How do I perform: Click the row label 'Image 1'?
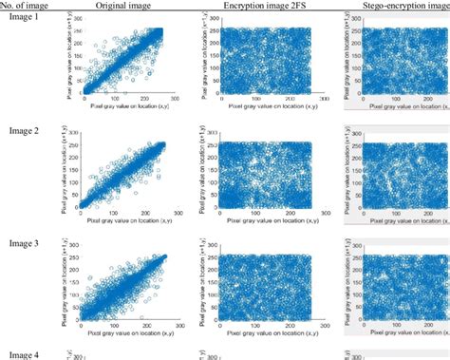(22, 19)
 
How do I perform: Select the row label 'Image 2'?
(22, 129)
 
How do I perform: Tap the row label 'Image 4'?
(22, 353)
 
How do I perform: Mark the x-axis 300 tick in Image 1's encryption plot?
(324, 98)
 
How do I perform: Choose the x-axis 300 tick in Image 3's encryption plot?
(324, 321)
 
